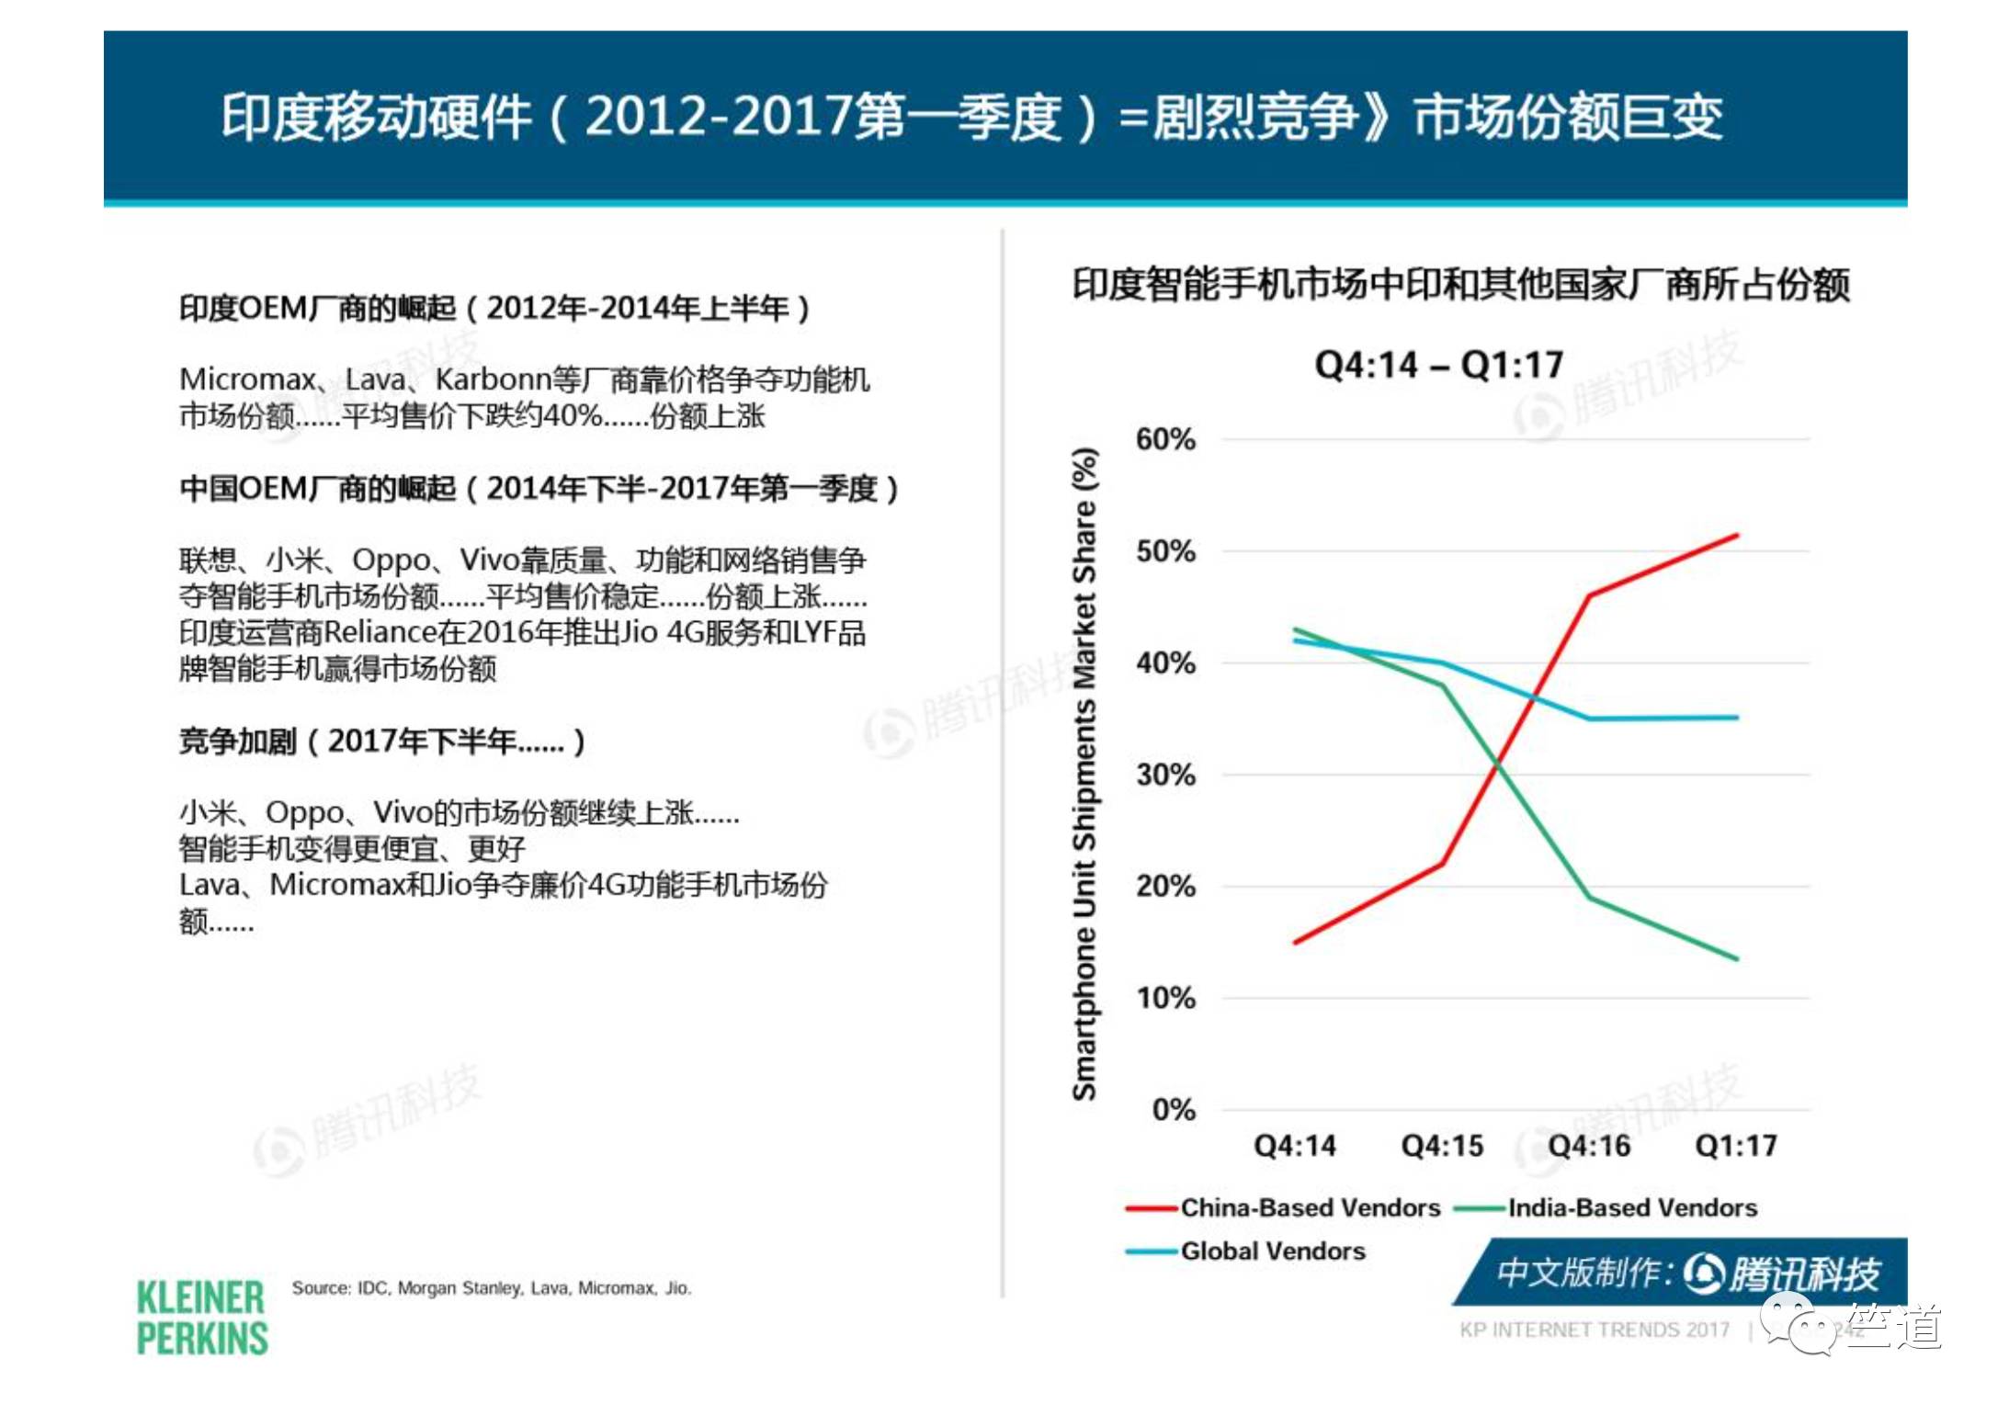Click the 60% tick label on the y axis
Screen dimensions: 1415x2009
pyautogui.click(x=1164, y=439)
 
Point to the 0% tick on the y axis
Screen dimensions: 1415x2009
pyautogui.click(x=1173, y=1109)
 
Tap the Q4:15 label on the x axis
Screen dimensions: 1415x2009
pyautogui.click(x=1441, y=1145)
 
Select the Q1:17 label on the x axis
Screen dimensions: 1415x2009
pyautogui.click(x=1735, y=1145)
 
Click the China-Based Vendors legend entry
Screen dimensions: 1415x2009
pyautogui.click(x=1310, y=1207)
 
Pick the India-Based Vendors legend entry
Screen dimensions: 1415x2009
pyautogui.click(x=1631, y=1207)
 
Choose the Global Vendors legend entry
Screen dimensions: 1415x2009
pyautogui.click(x=1272, y=1251)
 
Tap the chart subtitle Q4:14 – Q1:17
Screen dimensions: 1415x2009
pyautogui.click(x=1438, y=365)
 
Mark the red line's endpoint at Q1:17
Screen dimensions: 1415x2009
pyautogui.click(x=1736, y=535)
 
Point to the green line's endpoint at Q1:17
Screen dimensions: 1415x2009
pyautogui.click(x=1736, y=958)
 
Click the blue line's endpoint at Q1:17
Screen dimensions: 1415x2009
pyautogui.click(x=1736, y=718)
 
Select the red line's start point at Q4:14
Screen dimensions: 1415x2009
pyautogui.click(x=1296, y=942)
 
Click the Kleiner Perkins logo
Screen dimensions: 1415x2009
pyautogui.click(x=201, y=1318)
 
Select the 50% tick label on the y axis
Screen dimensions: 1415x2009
pyautogui.click(x=1164, y=551)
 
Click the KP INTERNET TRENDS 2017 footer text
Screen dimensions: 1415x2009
pyautogui.click(x=1594, y=1330)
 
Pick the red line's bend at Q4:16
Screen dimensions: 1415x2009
pyautogui.click(x=1589, y=595)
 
